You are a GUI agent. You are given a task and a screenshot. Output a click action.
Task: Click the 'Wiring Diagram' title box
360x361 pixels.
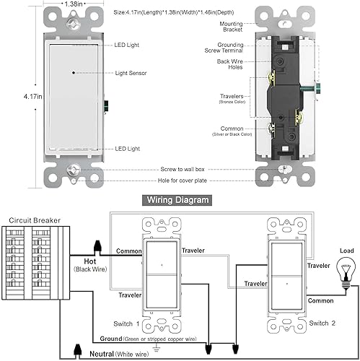[179, 199]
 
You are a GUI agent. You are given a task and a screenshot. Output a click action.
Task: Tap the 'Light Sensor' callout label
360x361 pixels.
[132, 74]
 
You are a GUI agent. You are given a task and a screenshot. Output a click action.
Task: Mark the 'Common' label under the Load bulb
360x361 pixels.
[320, 300]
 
